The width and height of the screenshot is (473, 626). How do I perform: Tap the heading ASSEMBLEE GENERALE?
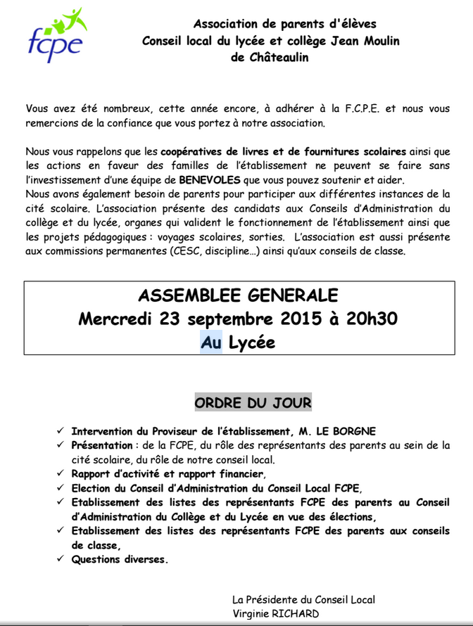click(x=237, y=295)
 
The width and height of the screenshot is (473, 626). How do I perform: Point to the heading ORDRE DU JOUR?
click(x=253, y=403)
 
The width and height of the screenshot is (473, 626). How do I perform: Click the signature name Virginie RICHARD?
click(x=275, y=613)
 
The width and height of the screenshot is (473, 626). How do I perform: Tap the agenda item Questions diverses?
click(x=120, y=560)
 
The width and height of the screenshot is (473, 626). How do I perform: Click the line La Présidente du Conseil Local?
click(x=303, y=599)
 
